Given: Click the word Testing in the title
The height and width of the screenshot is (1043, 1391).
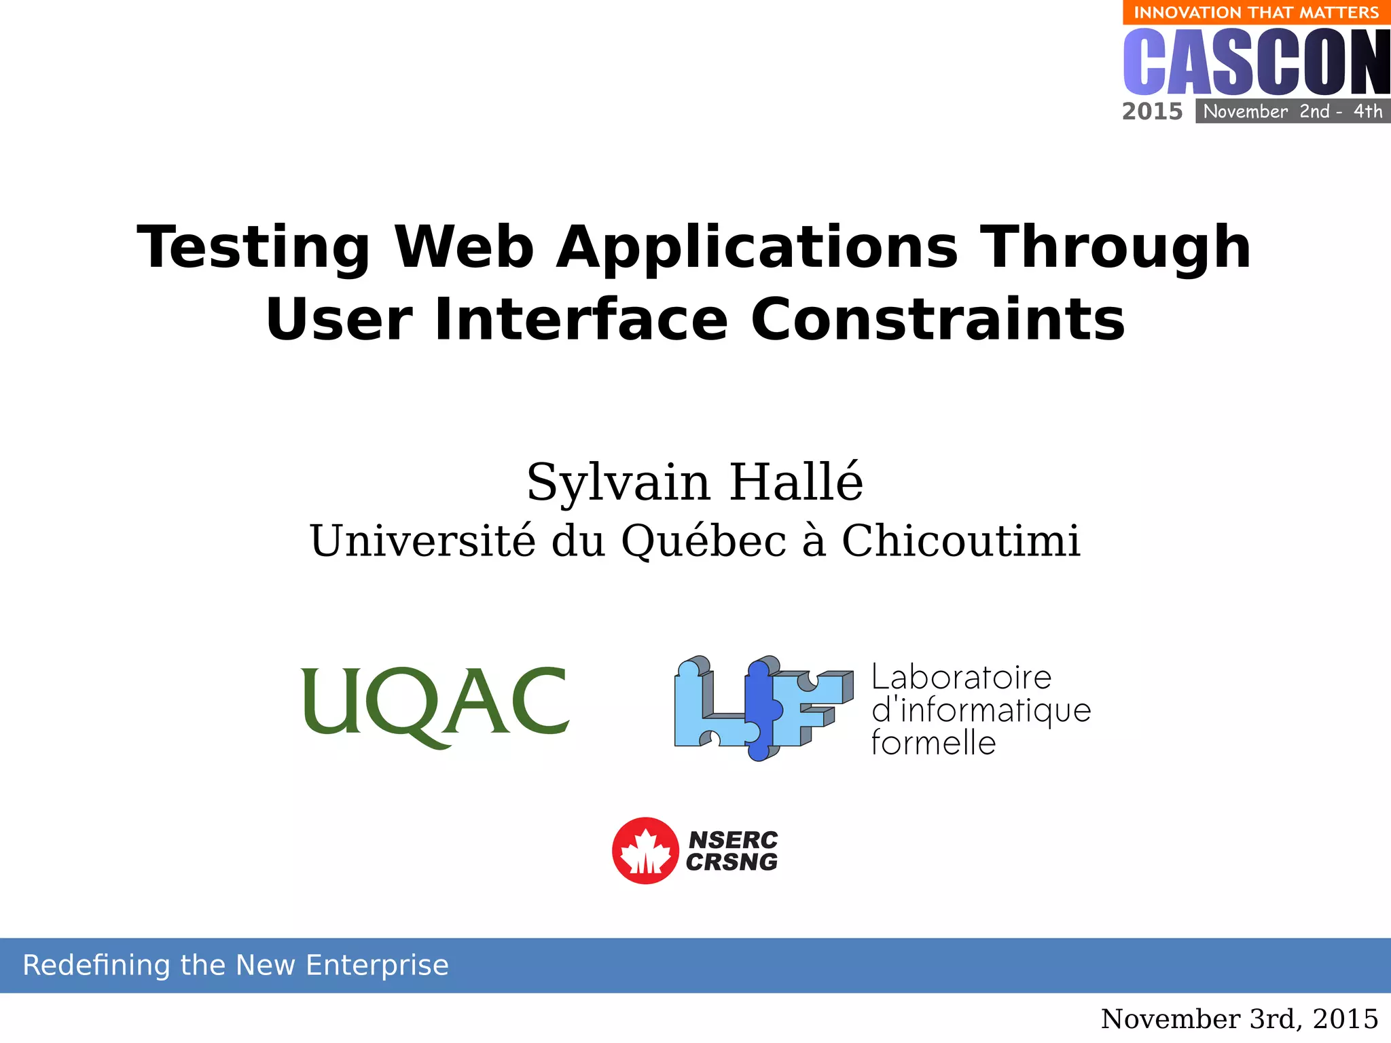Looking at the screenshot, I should click(x=253, y=249).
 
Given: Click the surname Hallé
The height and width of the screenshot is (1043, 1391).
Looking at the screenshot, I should click(x=796, y=482).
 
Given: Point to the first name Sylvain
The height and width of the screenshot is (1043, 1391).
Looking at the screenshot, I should click(x=618, y=482).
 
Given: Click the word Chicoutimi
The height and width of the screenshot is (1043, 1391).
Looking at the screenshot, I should click(x=960, y=541).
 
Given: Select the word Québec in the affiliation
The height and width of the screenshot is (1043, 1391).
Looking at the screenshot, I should click(x=704, y=541).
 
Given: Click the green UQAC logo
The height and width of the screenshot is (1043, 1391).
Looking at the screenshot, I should click(x=435, y=706).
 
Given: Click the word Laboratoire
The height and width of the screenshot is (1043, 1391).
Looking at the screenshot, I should click(x=961, y=678).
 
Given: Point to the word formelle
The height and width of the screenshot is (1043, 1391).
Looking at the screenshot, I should click(x=933, y=743).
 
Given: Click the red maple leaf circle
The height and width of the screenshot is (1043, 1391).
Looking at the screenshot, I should click(x=645, y=850).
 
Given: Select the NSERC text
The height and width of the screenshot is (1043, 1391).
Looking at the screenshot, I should click(x=733, y=840).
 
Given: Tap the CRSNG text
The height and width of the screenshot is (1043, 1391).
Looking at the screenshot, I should click(x=731, y=862).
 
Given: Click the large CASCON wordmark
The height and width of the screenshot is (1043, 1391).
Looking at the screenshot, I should click(x=1256, y=62).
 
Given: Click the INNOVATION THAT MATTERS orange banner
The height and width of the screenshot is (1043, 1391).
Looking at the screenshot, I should click(x=1256, y=12).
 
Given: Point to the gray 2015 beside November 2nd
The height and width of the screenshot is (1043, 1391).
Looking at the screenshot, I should click(x=1152, y=111).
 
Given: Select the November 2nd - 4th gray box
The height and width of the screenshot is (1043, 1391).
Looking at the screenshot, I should click(x=1293, y=111).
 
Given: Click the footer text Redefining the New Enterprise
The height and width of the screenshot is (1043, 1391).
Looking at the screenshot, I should click(x=236, y=965).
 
